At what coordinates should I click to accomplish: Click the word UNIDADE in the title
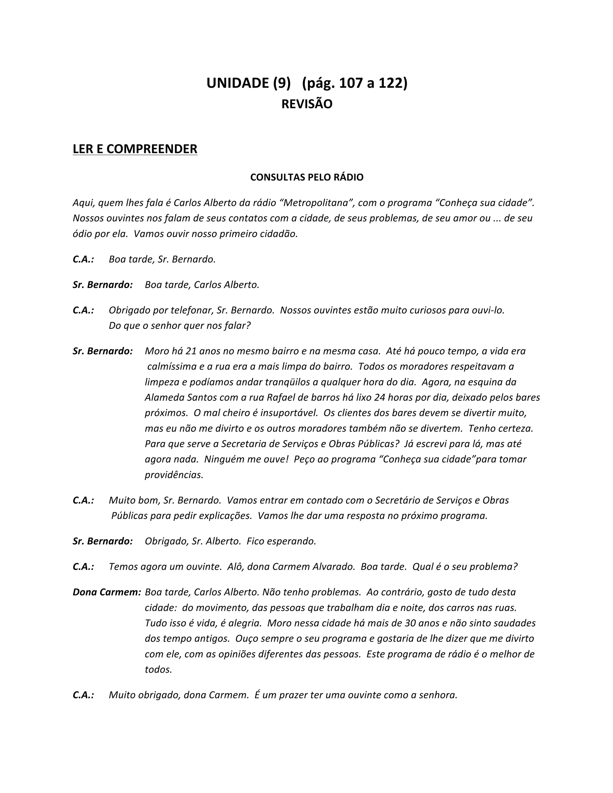(237, 83)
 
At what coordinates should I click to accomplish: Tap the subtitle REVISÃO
(307, 104)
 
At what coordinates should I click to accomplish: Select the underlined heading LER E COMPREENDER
(135, 149)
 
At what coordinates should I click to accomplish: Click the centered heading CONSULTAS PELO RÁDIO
(307, 177)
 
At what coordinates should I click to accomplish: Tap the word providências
(174, 475)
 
